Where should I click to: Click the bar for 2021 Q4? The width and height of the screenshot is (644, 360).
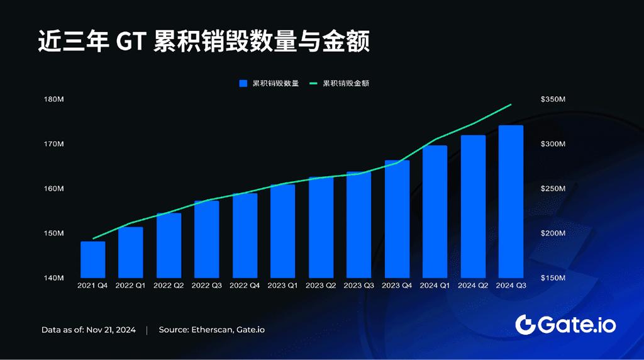pyautogui.click(x=92, y=259)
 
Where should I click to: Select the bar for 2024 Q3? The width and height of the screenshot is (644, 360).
pyautogui.click(x=510, y=201)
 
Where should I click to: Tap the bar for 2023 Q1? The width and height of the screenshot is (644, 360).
pyautogui.click(x=282, y=231)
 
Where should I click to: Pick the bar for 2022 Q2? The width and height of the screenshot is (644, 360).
pyautogui.click(x=169, y=245)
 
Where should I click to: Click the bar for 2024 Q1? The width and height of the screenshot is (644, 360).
pyautogui.click(x=435, y=211)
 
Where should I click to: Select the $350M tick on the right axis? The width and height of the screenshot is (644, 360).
pyautogui.click(x=553, y=99)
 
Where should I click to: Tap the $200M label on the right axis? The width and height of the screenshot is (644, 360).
pyautogui.click(x=553, y=233)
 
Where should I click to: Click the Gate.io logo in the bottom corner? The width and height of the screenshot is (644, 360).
pyautogui.click(x=565, y=325)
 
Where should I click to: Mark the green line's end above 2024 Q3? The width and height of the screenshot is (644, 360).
pyautogui.click(x=511, y=104)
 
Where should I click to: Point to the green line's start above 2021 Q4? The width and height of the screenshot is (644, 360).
pyautogui.click(x=93, y=239)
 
